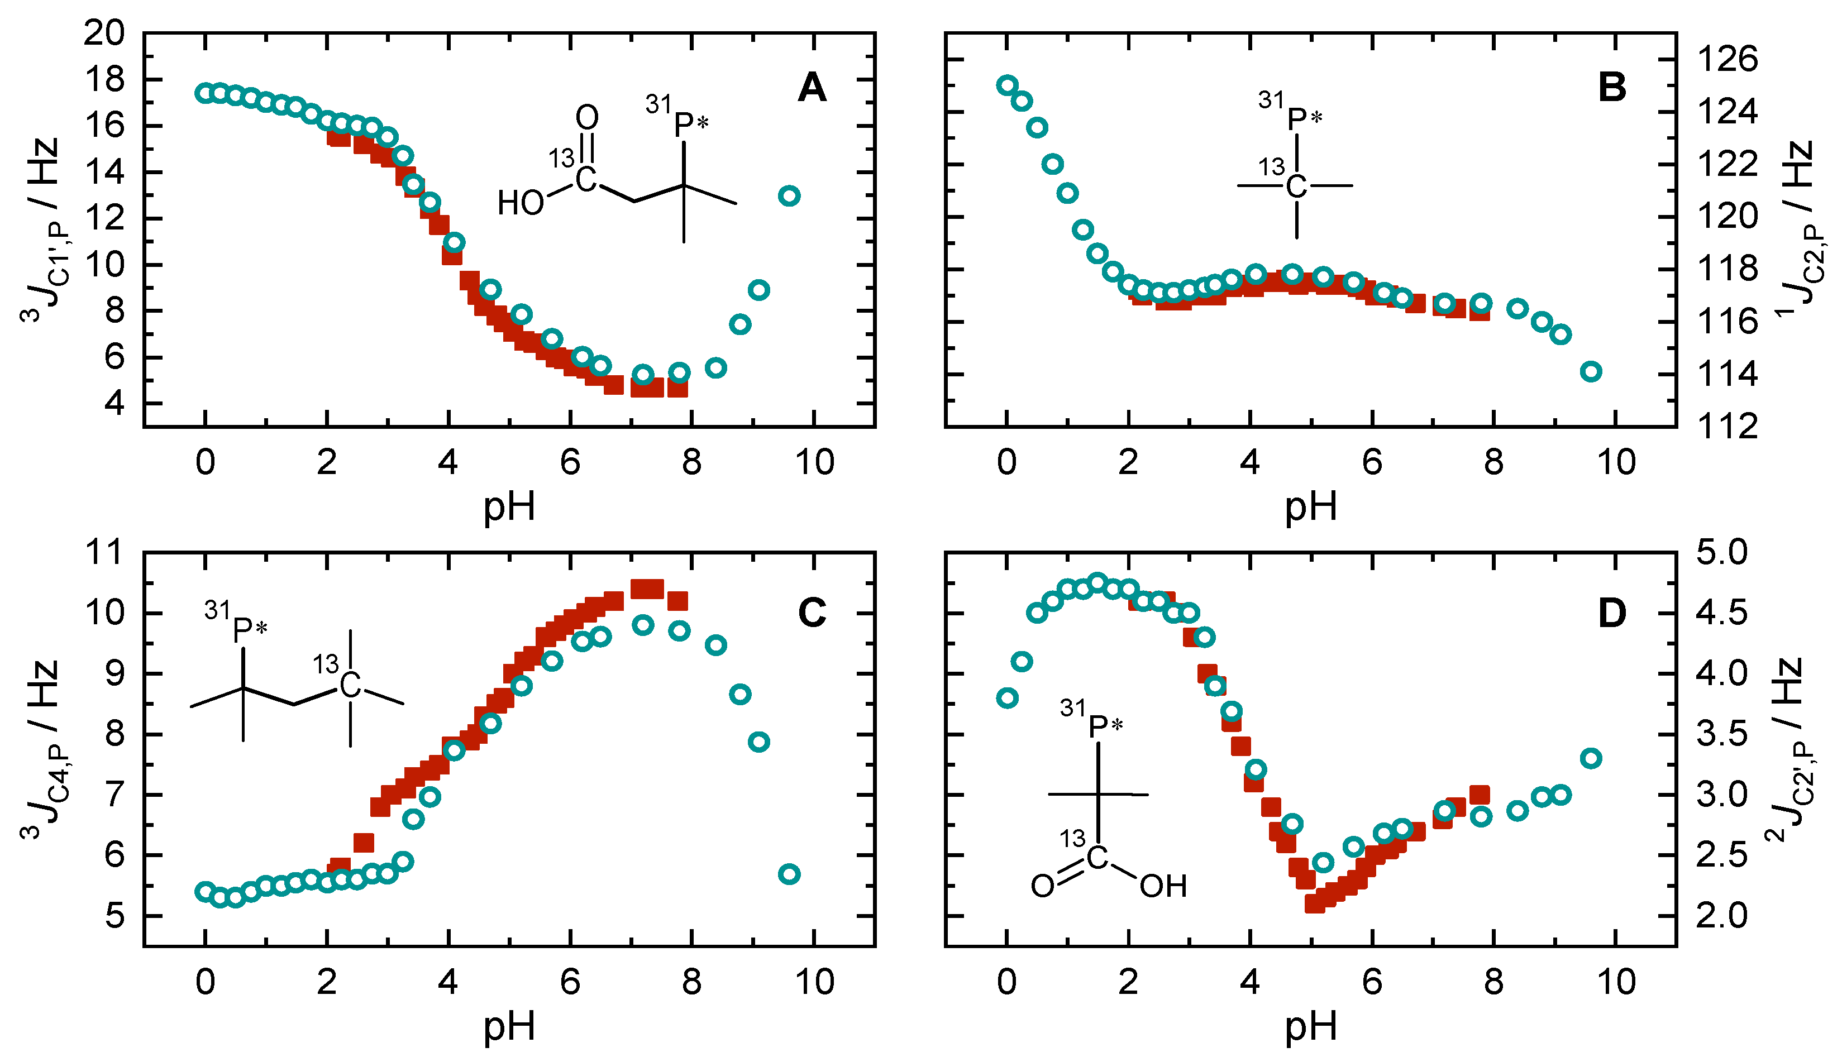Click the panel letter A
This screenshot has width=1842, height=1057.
(811, 88)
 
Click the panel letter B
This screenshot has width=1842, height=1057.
(1612, 88)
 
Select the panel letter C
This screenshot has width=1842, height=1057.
(811, 614)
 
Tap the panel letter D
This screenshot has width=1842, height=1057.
(1612, 614)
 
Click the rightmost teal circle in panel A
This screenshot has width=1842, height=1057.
(789, 196)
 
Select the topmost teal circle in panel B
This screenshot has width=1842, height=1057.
(1006, 85)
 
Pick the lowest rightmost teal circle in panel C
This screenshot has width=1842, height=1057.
(789, 874)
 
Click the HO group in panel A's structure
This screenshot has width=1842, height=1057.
(521, 204)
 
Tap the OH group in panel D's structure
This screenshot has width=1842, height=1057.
(1163, 886)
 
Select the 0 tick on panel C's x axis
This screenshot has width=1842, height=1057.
(206, 982)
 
